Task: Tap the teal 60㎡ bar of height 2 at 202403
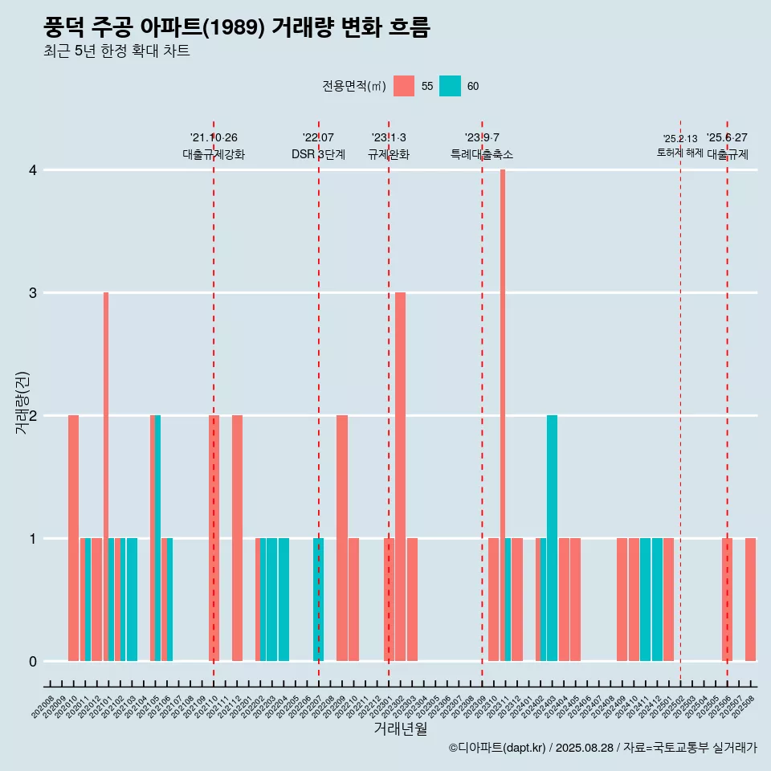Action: [552, 538]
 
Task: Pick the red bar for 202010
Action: [73, 538]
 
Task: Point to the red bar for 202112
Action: [237, 538]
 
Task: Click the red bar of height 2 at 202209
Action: [342, 538]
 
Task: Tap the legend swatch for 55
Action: [404, 86]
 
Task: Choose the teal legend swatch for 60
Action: [450, 86]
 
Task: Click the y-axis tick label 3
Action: [33, 293]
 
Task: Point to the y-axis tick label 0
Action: [33, 662]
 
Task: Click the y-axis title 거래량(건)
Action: [22, 402]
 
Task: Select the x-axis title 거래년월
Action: [400, 728]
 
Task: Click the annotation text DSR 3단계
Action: [318, 154]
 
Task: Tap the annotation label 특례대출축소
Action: [482, 154]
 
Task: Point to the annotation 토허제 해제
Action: [679, 153]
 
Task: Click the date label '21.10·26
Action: [214, 138]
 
